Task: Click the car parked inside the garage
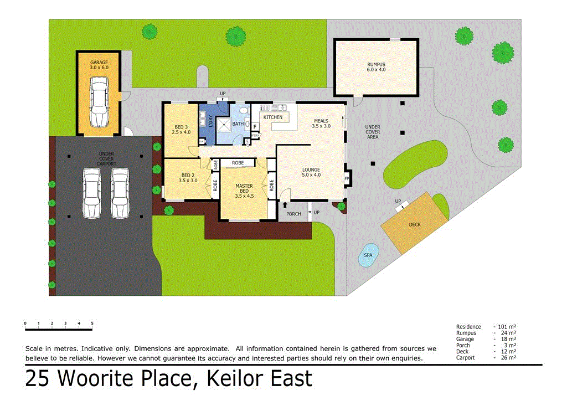[x=99, y=102]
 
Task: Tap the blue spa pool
[x=368, y=254]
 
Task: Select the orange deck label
[x=415, y=225]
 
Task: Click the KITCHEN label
[x=273, y=117]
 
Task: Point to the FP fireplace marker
[x=347, y=179]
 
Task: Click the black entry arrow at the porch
[x=285, y=205]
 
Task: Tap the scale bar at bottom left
[x=59, y=329]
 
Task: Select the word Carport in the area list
[x=466, y=358]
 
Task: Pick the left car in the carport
[x=91, y=193]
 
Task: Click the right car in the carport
[x=119, y=193]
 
